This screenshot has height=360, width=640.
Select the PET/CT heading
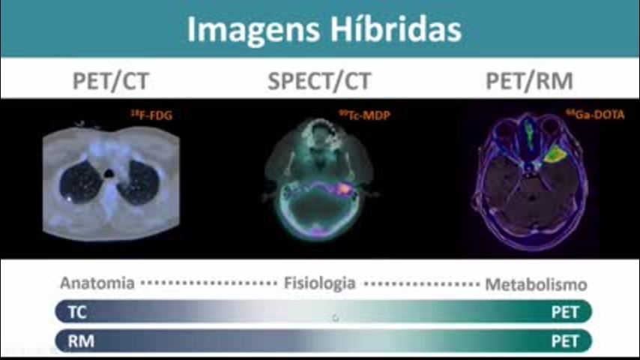[111, 81]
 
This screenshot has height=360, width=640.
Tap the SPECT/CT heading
[319, 81]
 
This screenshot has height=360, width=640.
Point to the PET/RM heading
[529, 81]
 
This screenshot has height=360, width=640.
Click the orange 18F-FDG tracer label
[151, 115]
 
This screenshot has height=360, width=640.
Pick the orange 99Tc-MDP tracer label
[364, 115]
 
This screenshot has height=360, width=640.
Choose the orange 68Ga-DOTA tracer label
[595, 115]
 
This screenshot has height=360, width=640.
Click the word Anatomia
[97, 283]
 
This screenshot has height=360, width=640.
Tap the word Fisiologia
[319, 283]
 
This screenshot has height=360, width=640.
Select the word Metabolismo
[536, 284]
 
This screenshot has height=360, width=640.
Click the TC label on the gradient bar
[77, 312]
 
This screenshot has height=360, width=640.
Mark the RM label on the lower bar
[81, 341]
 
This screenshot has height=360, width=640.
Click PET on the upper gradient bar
[565, 312]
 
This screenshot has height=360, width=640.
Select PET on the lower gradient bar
[565, 341]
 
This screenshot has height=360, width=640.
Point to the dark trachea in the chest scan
[109, 174]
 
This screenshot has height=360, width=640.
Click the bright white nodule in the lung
[70, 199]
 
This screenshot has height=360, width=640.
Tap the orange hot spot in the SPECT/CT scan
[344, 188]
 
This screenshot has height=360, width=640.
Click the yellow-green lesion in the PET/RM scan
[555, 154]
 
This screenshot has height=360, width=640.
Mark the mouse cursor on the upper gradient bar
[335, 317]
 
